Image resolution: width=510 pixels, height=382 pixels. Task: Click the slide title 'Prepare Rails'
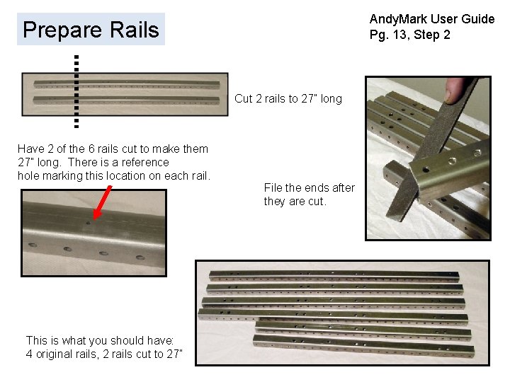(x=91, y=30)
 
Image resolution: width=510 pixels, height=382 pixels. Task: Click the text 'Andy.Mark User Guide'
(x=431, y=19)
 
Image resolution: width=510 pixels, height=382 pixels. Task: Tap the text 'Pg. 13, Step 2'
(x=409, y=35)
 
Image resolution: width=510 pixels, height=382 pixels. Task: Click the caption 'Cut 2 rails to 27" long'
(x=288, y=99)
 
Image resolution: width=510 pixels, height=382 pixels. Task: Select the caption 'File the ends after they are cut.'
(x=309, y=195)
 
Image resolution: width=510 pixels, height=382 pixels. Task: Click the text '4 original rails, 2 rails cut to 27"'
(x=104, y=354)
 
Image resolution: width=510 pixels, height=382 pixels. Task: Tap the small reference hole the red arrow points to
(x=88, y=222)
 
